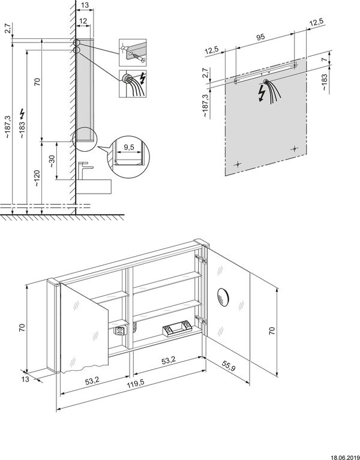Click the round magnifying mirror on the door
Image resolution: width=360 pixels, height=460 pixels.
click(x=224, y=295)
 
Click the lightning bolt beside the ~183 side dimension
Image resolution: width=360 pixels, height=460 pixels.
click(x=23, y=113)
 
